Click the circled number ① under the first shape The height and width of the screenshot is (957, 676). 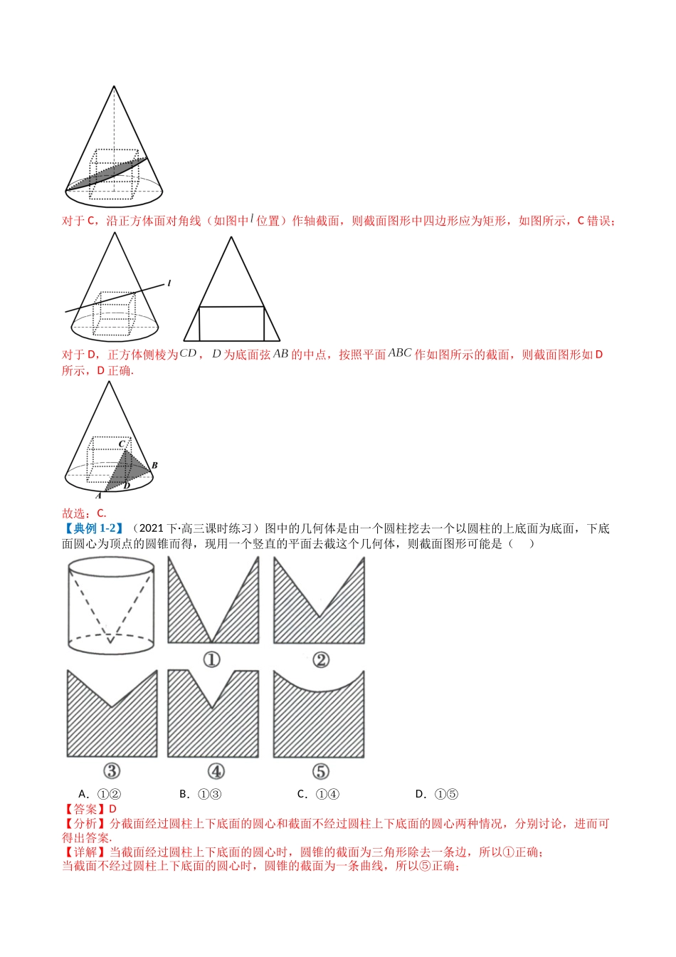tap(211, 660)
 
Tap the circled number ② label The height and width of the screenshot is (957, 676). tap(321, 660)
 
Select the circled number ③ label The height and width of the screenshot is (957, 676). tap(112, 771)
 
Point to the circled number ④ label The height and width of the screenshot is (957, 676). tap(216, 771)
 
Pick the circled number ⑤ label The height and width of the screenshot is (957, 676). tap(320, 771)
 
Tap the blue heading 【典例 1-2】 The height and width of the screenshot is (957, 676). tap(93, 528)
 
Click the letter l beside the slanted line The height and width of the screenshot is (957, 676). tap(169, 283)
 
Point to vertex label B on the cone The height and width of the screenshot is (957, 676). tap(154, 466)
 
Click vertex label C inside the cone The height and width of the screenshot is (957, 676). tap(122, 444)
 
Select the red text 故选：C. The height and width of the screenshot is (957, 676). tap(84, 513)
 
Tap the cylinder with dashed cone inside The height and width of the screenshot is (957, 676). tap(110, 605)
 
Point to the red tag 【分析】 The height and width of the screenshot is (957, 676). tap(80, 824)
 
